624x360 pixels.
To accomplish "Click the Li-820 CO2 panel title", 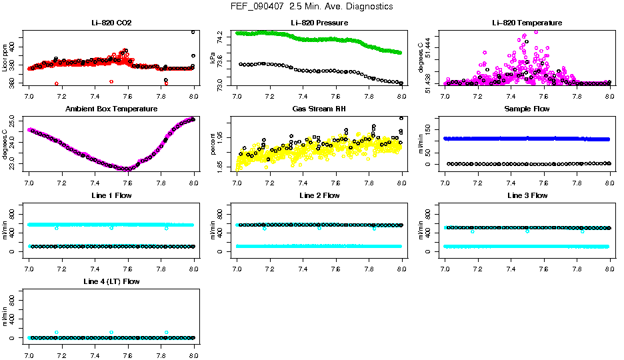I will tap(111, 23).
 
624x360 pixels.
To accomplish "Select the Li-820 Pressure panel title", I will tap(319, 23).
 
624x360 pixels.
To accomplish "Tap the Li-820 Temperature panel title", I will tap(527, 23).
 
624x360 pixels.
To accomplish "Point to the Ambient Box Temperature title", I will tap(111, 109).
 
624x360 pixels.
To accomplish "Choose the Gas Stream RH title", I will tap(319, 109).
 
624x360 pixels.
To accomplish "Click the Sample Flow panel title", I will tap(527, 109).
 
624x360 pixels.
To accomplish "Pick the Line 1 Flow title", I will tap(111, 195).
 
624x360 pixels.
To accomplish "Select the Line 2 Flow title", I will tap(319, 195).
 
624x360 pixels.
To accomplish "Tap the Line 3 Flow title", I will tap(527, 195).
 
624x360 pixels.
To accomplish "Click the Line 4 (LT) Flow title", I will tap(111, 281).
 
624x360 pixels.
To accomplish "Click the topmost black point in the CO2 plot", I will tap(193, 32).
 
